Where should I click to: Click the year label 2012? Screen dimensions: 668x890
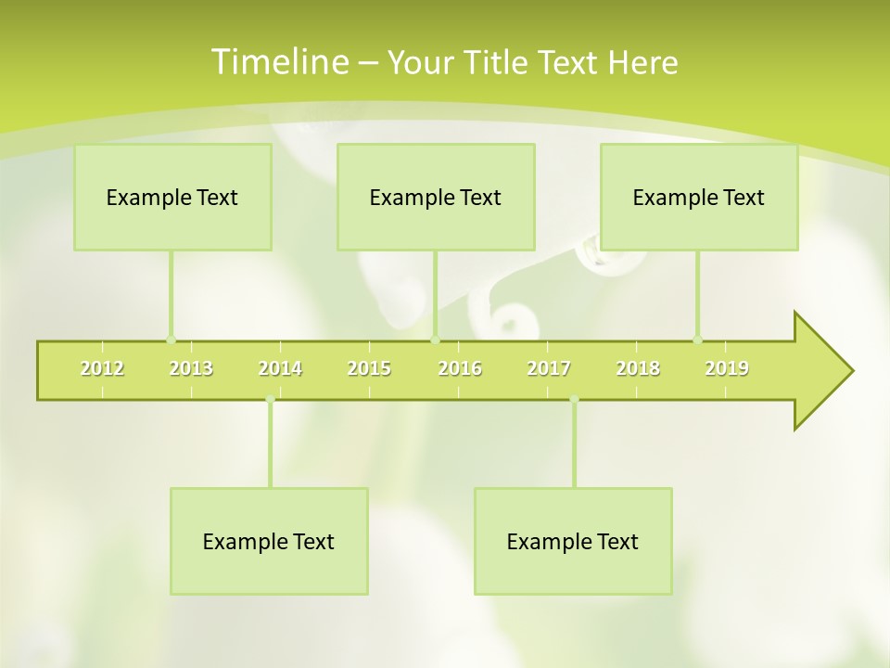[x=102, y=368]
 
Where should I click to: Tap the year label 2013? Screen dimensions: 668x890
[x=191, y=368]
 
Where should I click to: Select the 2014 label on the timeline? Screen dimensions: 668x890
[x=280, y=368]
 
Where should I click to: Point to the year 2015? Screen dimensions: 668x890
[x=369, y=368]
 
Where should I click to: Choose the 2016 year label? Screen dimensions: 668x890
[x=460, y=368]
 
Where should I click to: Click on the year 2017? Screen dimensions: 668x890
[x=549, y=368]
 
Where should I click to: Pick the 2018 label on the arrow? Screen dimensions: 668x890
[x=638, y=368]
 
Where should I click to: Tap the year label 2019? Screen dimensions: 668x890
[x=727, y=368]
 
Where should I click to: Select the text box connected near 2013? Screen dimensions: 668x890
[x=172, y=197]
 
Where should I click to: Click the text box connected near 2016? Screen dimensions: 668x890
[x=436, y=197]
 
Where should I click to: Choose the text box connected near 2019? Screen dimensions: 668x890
[x=699, y=197]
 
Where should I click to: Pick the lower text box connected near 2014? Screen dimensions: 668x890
[x=269, y=541]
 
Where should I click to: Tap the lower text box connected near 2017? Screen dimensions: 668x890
[x=573, y=541]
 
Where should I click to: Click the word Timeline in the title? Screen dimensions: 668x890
[x=278, y=61]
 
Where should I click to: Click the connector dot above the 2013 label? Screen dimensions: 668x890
[x=171, y=340]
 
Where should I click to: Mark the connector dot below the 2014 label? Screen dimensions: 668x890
[x=270, y=400]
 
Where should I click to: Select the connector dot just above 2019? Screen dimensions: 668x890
[x=698, y=340]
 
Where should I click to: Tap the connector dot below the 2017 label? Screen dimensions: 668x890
[x=574, y=400]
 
